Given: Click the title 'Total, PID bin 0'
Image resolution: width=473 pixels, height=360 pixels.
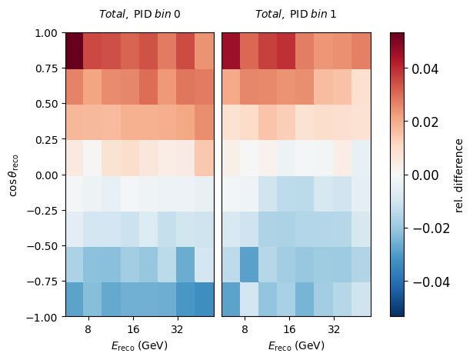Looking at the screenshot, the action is pyautogui.click(x=140, y=14).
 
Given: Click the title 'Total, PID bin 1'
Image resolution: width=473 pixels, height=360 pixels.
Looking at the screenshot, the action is pyautogui.click(x=295, y=14).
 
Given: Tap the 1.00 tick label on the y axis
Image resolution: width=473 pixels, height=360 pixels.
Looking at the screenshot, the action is pyautogui.click(x=46, y=33).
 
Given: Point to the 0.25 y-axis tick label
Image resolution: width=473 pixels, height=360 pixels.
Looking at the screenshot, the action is pyautogui.click(x=46, y=139).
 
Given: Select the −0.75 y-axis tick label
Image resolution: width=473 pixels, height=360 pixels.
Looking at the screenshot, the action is pyautogui.click(x=42, y=282).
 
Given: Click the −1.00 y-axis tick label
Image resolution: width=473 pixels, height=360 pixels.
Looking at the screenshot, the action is pyautogui.click(x=42, y=318).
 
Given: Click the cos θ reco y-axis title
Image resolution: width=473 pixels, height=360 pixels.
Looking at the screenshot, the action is pyautogui.click(x=14, y=175).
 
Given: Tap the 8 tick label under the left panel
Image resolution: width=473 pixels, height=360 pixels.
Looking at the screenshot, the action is pyautogui.click(x=88, y=329).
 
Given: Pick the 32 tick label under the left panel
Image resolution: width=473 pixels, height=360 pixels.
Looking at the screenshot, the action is pyautogui.click(x=177, y=329).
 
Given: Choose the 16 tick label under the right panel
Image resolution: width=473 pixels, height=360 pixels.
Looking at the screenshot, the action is pyautogui.click(x=289, y=329).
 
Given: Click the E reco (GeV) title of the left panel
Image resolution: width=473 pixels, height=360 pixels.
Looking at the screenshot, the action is pyautogui.click(x=139, y=345).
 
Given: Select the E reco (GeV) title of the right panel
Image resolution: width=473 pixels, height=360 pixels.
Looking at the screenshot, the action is pyautogui.click(x=296, y=345).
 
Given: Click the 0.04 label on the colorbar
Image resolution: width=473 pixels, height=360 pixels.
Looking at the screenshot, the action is pyautogui.click(x=425, y=68).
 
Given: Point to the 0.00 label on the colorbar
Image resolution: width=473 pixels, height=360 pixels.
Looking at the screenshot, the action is pyautogui.click(x=425, y=175).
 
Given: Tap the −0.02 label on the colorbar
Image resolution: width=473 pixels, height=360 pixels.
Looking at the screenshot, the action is pyautogui.click(x=431, y=228).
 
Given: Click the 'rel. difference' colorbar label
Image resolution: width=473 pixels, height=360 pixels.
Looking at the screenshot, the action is pyautogui.click(x=458, y=175).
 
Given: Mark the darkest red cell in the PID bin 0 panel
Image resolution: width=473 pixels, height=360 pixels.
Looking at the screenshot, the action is pyautogui.click(x=75, y=51).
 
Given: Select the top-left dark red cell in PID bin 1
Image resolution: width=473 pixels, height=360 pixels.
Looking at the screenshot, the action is pyautogui.click(x=231, y=51).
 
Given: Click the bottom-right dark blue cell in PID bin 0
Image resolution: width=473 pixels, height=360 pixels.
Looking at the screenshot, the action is pyautogui.click(x=205, y=299).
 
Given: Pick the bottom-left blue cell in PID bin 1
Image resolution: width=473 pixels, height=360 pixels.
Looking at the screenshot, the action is pyautogui.click(x=231, y=299).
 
